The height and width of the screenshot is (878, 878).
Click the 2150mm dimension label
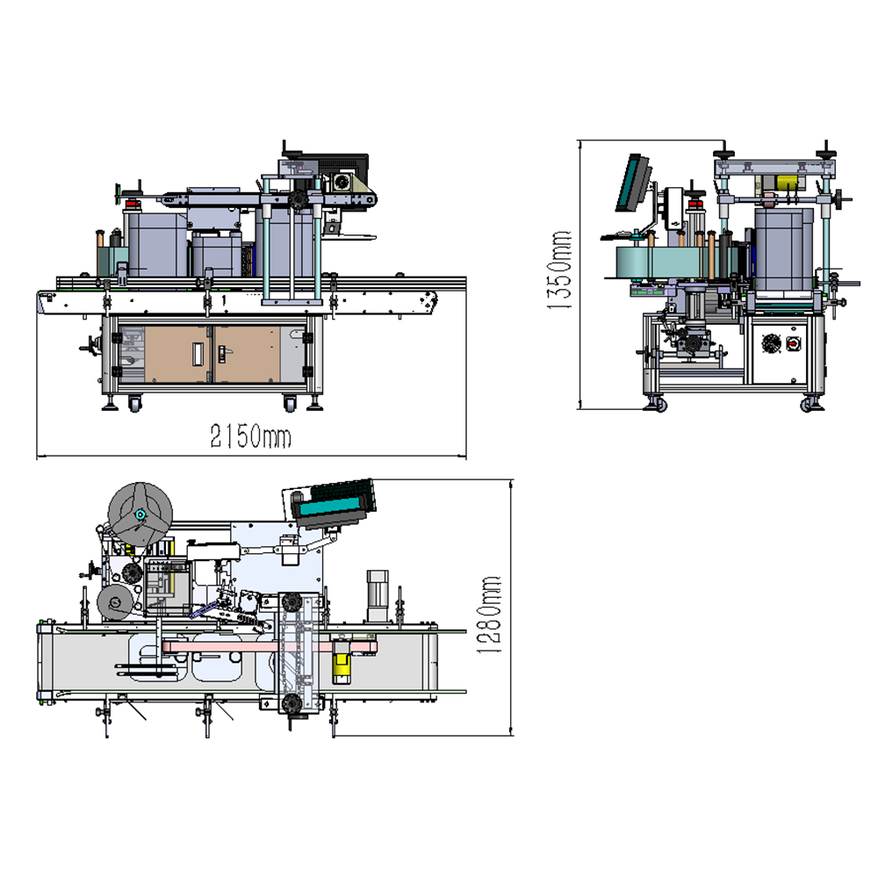250,436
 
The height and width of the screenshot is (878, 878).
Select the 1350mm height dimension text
558,270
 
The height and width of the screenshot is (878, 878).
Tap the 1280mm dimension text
488,615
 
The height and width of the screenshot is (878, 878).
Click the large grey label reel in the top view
140,514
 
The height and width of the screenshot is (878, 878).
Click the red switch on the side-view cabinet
792,342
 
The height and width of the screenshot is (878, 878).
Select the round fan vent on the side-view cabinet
771,342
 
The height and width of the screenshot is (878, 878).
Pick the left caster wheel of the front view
134,403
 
